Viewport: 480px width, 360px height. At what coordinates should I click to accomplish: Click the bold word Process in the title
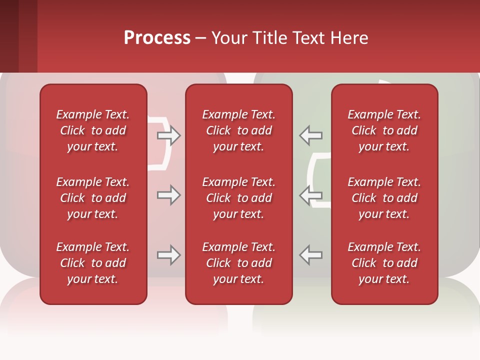tap(157, 38)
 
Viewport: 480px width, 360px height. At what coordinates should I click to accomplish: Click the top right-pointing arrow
tap(168, 135)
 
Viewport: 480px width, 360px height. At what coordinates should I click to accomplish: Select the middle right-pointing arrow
tap(168, 195)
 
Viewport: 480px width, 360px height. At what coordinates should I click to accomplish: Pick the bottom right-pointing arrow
tap(168, 255)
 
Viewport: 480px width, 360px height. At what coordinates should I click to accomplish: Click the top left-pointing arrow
tap(310, 135)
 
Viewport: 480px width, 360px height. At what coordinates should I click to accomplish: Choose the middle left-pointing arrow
tap(310, 195)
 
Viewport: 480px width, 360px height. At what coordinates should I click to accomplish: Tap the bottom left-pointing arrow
tap(310, 255)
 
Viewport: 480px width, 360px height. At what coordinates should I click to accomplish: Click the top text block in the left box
tap(93, 130)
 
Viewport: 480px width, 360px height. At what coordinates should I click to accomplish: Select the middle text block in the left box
tap(93, 198)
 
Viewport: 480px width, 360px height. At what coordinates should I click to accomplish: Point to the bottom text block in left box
tap(93, 263)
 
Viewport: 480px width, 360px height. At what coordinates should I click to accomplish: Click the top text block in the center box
tap(238, 130)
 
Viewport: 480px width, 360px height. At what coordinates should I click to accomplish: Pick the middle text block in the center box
tap(238, 198)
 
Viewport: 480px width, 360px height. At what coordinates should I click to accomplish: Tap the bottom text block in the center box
tap(238, 263)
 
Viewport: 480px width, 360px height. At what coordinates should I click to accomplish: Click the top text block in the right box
tap(384, 130)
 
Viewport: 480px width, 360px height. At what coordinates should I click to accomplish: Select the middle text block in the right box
tap(384, 198)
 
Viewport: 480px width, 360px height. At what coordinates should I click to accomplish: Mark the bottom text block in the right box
tap(384, 263)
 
